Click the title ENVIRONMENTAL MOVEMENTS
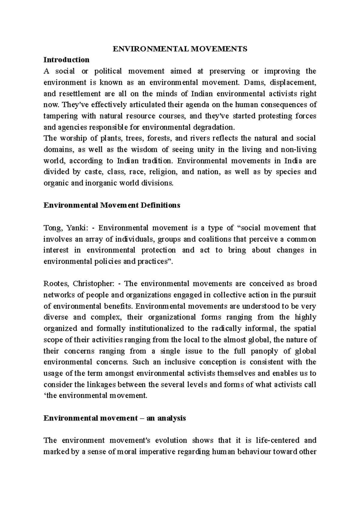tap(180, 49)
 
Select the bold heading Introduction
tap(66, 60)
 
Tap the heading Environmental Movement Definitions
tap(112, 206)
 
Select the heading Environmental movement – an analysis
tap(115, 418)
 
